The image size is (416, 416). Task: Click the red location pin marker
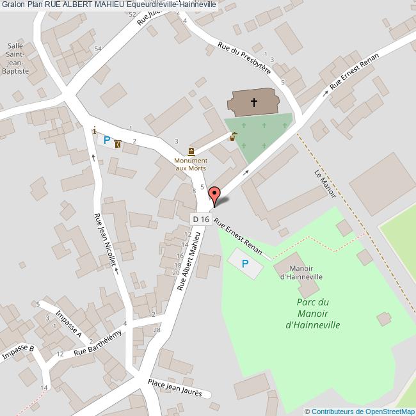pyautogui.click(x=215, y=195)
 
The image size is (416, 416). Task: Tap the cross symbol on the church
pyautogui.click(x=254, y=102)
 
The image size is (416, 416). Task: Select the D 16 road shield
pyautogui.click(x=201, y=219)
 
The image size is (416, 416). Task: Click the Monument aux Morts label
pyautogui.click(x=191, y=164)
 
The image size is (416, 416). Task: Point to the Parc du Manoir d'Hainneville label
pyautogui.click(x=312, y=314)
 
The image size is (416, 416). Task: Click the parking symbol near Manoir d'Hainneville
pyautogui.click(x=244, y=264)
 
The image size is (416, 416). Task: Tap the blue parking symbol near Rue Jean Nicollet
pyautogui.click(x=107, y=140)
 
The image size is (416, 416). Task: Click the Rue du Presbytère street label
pyautogui.click(x=244, y=59)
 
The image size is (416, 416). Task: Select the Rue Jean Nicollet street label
pyautogui.click(x=106, y=239)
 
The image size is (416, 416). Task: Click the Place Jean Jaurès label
pyautogui.click(x=175, y=388)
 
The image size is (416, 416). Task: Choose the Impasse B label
pyautogui.click(x=18, y=352)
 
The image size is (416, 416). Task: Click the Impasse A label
pyautogui.click(x=69, y=324)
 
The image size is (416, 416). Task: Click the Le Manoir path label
pyautogui.click(x=325, y=184)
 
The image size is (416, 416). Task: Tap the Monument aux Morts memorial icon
pyautogui.click(x=191, y=151)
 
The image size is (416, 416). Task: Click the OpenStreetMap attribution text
pyautogui.click(x=360, y=412)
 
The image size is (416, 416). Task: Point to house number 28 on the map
pyautogui.click(x=157, y=330)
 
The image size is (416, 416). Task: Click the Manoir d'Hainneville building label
pyautogui.click(x=301, y=272)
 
